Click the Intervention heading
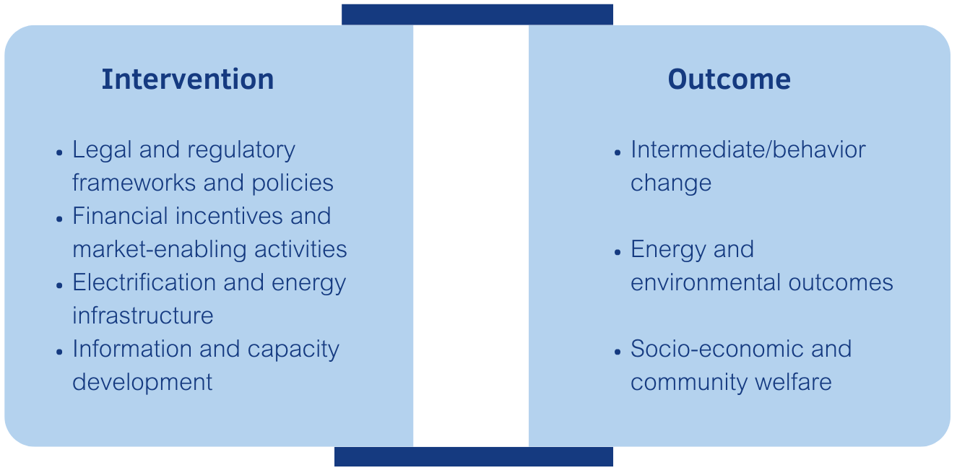click(x=188, y=79)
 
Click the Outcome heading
click(x=729, y=79)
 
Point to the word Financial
click(x=120, y=216)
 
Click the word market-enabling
click(x=160, y=249)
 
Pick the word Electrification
click(x=144, y=282)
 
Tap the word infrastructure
click(x=143, y=316)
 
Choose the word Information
click(x=132, y=349)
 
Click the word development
click(x=142, y=383)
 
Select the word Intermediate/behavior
click(x=748, y=149)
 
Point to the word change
click(x=671, y=183)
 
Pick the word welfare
click(x=793, y=382)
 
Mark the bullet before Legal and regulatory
click(x=59, y=152)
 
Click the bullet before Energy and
click(x=618, y=252)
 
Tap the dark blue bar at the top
click(x=477, y=14)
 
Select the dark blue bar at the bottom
click(x=474, y=456)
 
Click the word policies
click(x=293, y=183)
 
